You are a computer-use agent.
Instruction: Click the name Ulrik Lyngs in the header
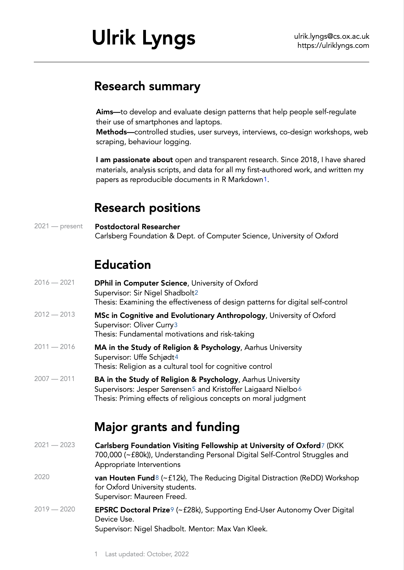pyautogui.click(x=144, y=38)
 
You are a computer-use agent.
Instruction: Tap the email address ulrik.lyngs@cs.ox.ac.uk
pyautogui.click(x=331, y=36)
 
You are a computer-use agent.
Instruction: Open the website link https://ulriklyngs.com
pyautogui.click(x=333, y=46)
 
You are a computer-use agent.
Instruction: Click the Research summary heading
pyautogui.click(x=147, y=86)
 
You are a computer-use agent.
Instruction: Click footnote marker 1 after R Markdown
pyautogui.click(x=265, y=180)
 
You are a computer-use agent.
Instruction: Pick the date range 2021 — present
pyautogui.click(x=58, y=226)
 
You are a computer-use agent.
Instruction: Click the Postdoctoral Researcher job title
pyautogui.click(x=137, y=227)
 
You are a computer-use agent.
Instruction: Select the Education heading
pyautogui.click(x=122, y=265)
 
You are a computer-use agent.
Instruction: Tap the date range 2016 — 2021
pyautogui.click(x=55, y=283)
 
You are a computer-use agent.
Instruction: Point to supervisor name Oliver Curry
pyautogui.click(x=154, y=325)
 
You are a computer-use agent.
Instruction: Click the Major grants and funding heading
pyautogui.click(x=167, y=427)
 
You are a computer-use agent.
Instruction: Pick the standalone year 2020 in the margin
pyautogui.click(x=42, y=477)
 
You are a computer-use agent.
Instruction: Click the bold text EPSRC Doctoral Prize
pyautogui.click(x=132, y=510)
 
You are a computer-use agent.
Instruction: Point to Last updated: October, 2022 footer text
pyautogui.click(x=147, y=554)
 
